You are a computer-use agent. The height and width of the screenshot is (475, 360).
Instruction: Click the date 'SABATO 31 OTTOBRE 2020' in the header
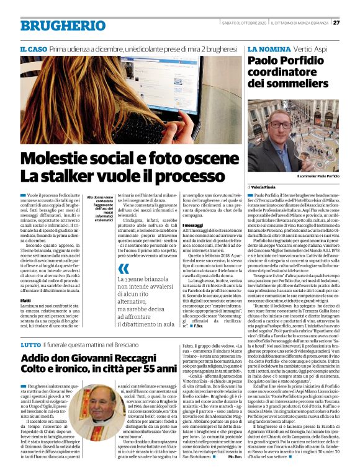[244, 23]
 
